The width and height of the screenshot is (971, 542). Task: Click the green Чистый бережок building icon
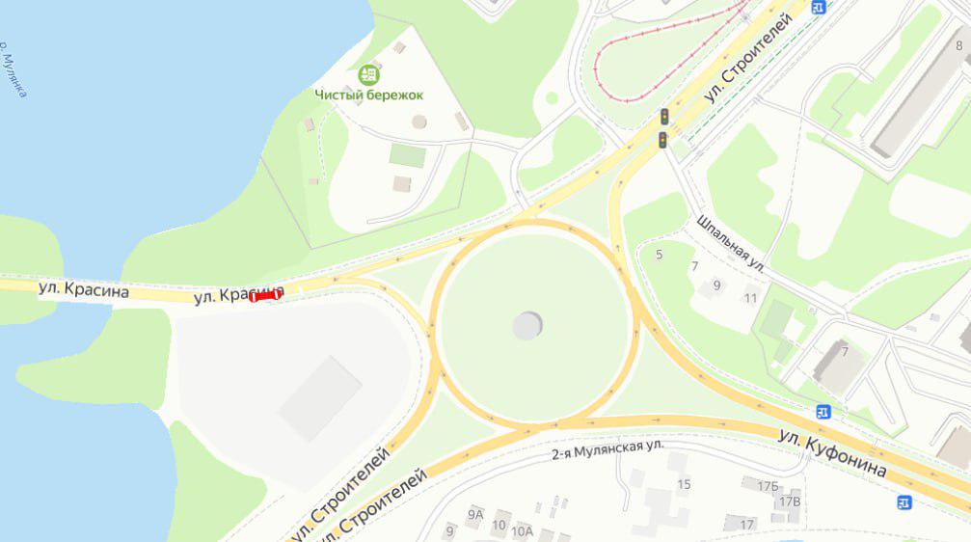pos(368,74)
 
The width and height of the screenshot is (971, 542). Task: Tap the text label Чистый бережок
pos(368,95)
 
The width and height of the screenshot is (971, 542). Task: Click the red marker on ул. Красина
pos(265,297)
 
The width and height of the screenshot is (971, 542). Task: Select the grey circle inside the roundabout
pos(527,326)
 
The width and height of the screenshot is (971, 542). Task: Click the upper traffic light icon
pos(664,117)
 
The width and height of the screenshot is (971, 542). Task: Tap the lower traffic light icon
pos(663,140)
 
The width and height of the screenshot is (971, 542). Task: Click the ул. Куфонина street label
pos(832,452)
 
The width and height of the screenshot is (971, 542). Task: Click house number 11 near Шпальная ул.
pos(751,298)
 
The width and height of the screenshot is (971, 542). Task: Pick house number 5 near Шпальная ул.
pos(660,255)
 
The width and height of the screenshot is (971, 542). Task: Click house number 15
pos(684,484)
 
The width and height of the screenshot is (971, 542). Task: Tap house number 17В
pos(789,501)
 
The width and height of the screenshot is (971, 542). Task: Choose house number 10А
pos(522,530)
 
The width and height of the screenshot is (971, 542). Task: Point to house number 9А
pos(474,515)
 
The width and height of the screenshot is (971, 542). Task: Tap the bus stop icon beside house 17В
pos(904,501)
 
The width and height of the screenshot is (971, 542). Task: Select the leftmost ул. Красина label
pos(76,288)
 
